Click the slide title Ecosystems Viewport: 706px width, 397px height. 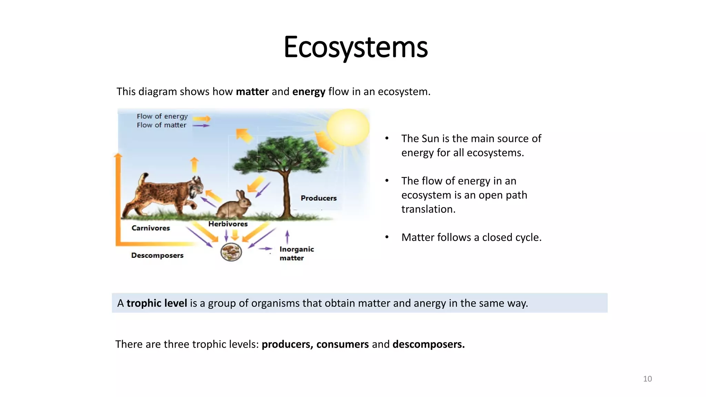point(355,47)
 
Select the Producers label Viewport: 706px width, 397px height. point(319,198)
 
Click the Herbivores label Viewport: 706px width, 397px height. point(228,224)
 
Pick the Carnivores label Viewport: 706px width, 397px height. point(151,228)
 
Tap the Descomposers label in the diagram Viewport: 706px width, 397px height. point(157,255)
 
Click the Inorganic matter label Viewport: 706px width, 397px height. point(296,253)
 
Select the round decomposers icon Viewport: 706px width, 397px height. point(231,252)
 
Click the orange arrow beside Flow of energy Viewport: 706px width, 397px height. point(202,119)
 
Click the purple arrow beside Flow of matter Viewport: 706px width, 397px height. point(201,126)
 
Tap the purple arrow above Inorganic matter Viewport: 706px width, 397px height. point(287,237)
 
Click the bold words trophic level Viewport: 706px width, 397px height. point(157,303)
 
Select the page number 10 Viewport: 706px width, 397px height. point(647,379)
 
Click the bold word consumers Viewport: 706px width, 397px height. point(342,344)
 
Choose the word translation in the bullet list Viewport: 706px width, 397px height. point(428,209)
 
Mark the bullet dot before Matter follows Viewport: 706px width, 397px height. point(387,237)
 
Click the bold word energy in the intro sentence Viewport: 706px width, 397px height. point(309,92)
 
